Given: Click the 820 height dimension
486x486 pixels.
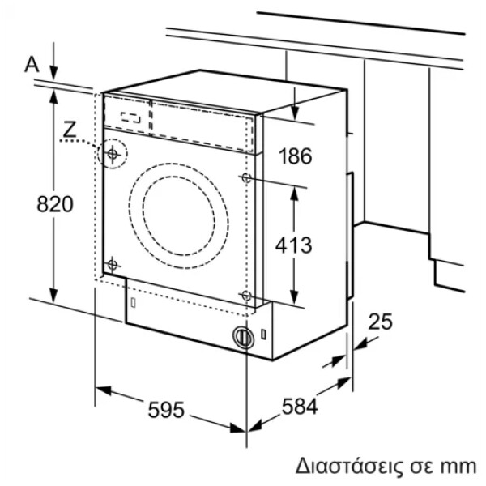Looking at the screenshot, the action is pos(55,204).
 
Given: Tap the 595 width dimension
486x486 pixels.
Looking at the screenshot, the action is pos(166,409).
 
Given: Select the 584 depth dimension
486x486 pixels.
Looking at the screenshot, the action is pos(300,407).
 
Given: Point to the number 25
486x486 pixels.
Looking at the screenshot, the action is pos(381,322).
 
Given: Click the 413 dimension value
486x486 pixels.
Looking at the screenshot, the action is pos(293,245).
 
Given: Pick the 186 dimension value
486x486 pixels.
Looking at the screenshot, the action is pos(295,156).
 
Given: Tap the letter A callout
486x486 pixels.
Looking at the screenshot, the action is pos(32,65).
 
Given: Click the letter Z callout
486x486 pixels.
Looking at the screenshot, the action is pos(70,130).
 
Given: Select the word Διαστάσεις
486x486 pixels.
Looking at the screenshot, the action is pos(348,466).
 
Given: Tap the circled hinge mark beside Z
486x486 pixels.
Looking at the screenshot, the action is pos(113,153).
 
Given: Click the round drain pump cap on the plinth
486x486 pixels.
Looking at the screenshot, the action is pos(243,337).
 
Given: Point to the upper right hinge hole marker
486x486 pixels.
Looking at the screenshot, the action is pos(246,178).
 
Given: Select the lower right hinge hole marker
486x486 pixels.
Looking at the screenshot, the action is pos(246,296).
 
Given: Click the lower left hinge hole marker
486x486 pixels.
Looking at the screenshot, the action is pos(113,265).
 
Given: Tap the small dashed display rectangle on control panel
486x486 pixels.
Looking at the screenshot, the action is pos(130,117).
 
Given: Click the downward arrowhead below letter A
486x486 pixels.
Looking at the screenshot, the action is pos(54,73).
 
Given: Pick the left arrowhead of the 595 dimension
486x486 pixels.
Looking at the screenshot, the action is pos(103,390).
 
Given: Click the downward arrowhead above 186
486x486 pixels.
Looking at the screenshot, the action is pos(295,113).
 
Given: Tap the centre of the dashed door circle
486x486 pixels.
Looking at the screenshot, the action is pos(179,216).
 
